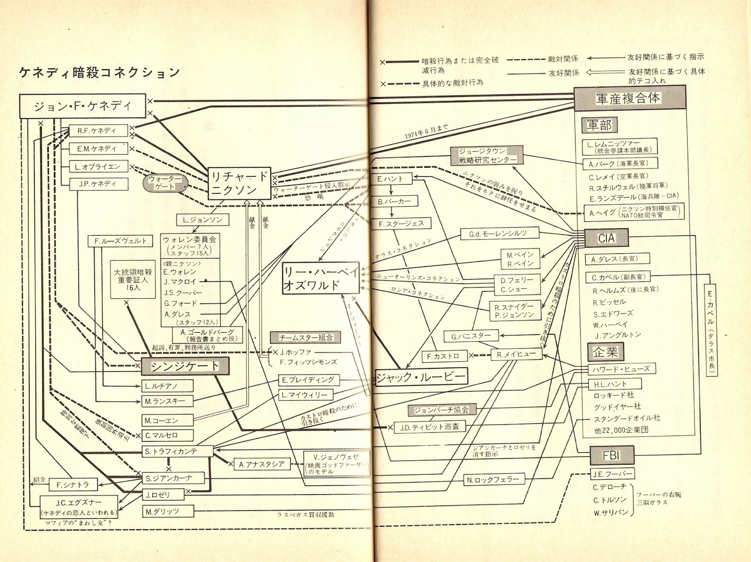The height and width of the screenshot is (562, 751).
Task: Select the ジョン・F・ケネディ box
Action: coord(82,106)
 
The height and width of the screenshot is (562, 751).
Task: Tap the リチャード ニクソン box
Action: coord(239,183)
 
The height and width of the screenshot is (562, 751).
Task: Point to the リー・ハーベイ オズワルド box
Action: coord(321,278)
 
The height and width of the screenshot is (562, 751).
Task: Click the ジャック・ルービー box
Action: coord(421,376)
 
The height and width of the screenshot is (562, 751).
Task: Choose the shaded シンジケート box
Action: coord(185,366)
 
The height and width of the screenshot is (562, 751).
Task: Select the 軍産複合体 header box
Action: coord(628,98)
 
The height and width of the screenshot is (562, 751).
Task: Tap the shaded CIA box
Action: coord(606,238)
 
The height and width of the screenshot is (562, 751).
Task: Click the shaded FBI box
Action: coord(612,455)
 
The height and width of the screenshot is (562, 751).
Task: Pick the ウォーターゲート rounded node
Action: coord(165,183)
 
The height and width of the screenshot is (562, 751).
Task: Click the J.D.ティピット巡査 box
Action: coord(429,428)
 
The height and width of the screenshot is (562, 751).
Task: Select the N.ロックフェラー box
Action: coord(493,480)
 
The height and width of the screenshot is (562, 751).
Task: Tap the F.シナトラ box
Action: coord(73,485)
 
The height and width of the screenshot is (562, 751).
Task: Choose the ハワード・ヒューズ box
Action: coord(621,369)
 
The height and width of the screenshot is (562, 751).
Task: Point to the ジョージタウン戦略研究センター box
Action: coord(487,156)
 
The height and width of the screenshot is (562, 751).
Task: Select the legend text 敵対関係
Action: coord(563,59)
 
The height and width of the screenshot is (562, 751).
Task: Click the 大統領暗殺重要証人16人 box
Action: coord(133,280)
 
